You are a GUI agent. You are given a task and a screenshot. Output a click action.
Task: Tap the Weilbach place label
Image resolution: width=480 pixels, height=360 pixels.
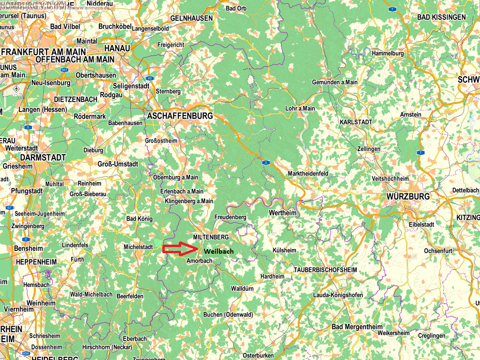[219, 252]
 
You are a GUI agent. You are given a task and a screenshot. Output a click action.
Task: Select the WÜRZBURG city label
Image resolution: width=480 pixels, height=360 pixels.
[408, 196]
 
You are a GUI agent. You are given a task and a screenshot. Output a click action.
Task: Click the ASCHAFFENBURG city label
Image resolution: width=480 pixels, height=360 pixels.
[180, 116]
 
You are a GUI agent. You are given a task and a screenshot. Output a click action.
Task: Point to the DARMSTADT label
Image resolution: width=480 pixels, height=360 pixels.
[42, 157]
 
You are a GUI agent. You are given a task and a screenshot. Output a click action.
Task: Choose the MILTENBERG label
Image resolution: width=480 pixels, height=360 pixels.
[211, 237]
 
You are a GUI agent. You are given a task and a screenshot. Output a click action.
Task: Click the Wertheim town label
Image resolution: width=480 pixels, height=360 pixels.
[282, 213]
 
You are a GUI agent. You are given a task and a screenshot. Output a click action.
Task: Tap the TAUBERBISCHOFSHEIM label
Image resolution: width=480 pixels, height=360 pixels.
[325, 270]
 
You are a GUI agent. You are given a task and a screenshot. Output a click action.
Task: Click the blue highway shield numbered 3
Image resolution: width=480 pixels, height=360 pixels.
[266, 162]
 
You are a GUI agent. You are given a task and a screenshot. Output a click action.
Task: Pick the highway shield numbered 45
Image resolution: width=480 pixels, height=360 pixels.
[150, 78]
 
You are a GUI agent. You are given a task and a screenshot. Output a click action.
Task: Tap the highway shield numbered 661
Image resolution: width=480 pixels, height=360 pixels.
[64, 70]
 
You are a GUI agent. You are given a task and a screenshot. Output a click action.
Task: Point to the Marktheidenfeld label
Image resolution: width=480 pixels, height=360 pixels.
[308, 174]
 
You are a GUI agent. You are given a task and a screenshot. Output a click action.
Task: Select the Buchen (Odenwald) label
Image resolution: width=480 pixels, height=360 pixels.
[228, 315]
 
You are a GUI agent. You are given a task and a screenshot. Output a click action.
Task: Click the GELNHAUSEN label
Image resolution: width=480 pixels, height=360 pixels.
[192, 18]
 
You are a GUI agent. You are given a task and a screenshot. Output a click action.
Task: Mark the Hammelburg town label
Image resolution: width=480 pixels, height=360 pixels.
[388, 54]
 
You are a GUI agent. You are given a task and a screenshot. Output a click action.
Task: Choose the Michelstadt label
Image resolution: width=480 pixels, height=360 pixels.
[138, 247]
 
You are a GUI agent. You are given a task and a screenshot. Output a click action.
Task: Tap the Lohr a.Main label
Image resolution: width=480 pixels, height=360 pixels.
[300, 108]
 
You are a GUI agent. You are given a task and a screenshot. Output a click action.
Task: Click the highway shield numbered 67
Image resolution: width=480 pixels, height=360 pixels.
[9, 208]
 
